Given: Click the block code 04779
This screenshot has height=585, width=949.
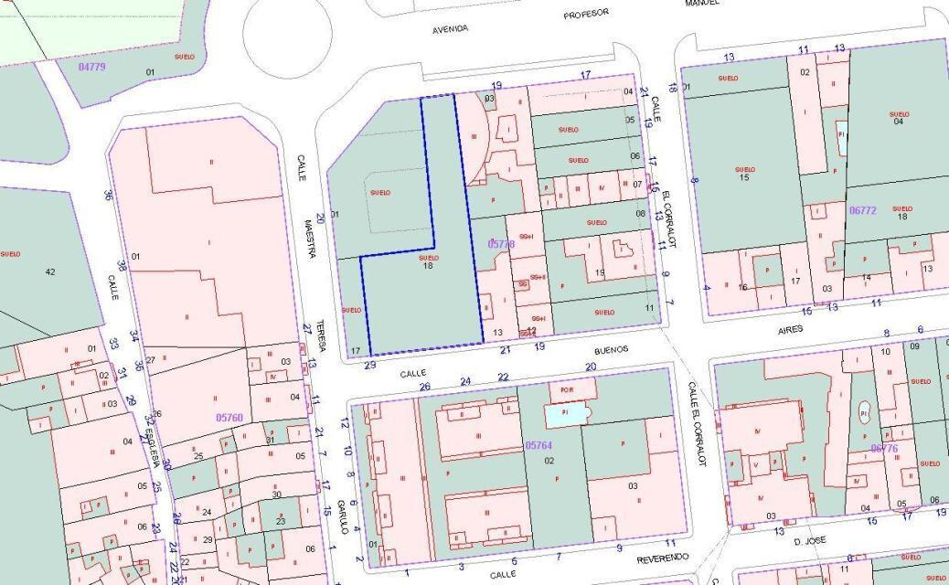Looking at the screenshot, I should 92,67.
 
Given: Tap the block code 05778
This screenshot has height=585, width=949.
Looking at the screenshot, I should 501,244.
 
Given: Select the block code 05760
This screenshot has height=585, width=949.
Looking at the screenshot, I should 229,417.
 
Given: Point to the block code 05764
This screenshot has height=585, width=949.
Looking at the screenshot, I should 538,445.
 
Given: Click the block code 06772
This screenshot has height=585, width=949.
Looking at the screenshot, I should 862,210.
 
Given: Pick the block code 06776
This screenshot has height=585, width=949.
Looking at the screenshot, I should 884,448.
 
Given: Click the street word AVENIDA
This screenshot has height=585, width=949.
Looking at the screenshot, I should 450,29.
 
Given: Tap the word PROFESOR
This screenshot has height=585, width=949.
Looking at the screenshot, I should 586,15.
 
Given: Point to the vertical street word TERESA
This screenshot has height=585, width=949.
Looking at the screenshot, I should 321,337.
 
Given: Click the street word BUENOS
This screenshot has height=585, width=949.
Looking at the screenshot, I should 611,349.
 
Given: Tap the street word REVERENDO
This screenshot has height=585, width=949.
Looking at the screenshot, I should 663,557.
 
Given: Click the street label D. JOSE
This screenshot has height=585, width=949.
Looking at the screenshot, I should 809,540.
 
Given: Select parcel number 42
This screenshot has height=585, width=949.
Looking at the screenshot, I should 49,271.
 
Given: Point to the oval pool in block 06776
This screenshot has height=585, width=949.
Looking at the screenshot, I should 864,414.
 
